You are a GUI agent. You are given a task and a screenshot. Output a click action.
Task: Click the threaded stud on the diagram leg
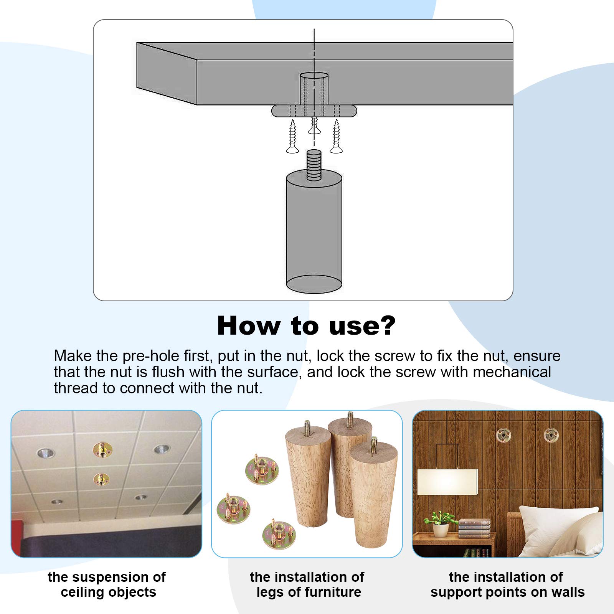314,165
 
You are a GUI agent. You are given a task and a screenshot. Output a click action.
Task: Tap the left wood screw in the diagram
292,136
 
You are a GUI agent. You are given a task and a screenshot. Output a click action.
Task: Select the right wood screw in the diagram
336,136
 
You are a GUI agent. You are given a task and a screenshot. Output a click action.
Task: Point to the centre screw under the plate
314,126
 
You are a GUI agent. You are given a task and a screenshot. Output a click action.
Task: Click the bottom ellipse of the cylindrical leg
314,284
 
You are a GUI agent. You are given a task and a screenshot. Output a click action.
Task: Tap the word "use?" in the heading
362,326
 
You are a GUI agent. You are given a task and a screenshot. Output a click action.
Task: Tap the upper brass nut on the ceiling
102,449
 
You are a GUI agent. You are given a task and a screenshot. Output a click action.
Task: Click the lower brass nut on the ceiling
101,479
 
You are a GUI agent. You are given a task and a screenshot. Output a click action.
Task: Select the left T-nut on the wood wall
504,435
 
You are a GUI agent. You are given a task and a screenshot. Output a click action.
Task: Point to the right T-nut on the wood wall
551,435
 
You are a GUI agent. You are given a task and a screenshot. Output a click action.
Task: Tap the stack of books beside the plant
474,528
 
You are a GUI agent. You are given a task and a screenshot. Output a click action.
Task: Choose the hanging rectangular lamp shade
447,482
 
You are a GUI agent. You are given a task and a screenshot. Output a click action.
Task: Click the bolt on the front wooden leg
374,446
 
